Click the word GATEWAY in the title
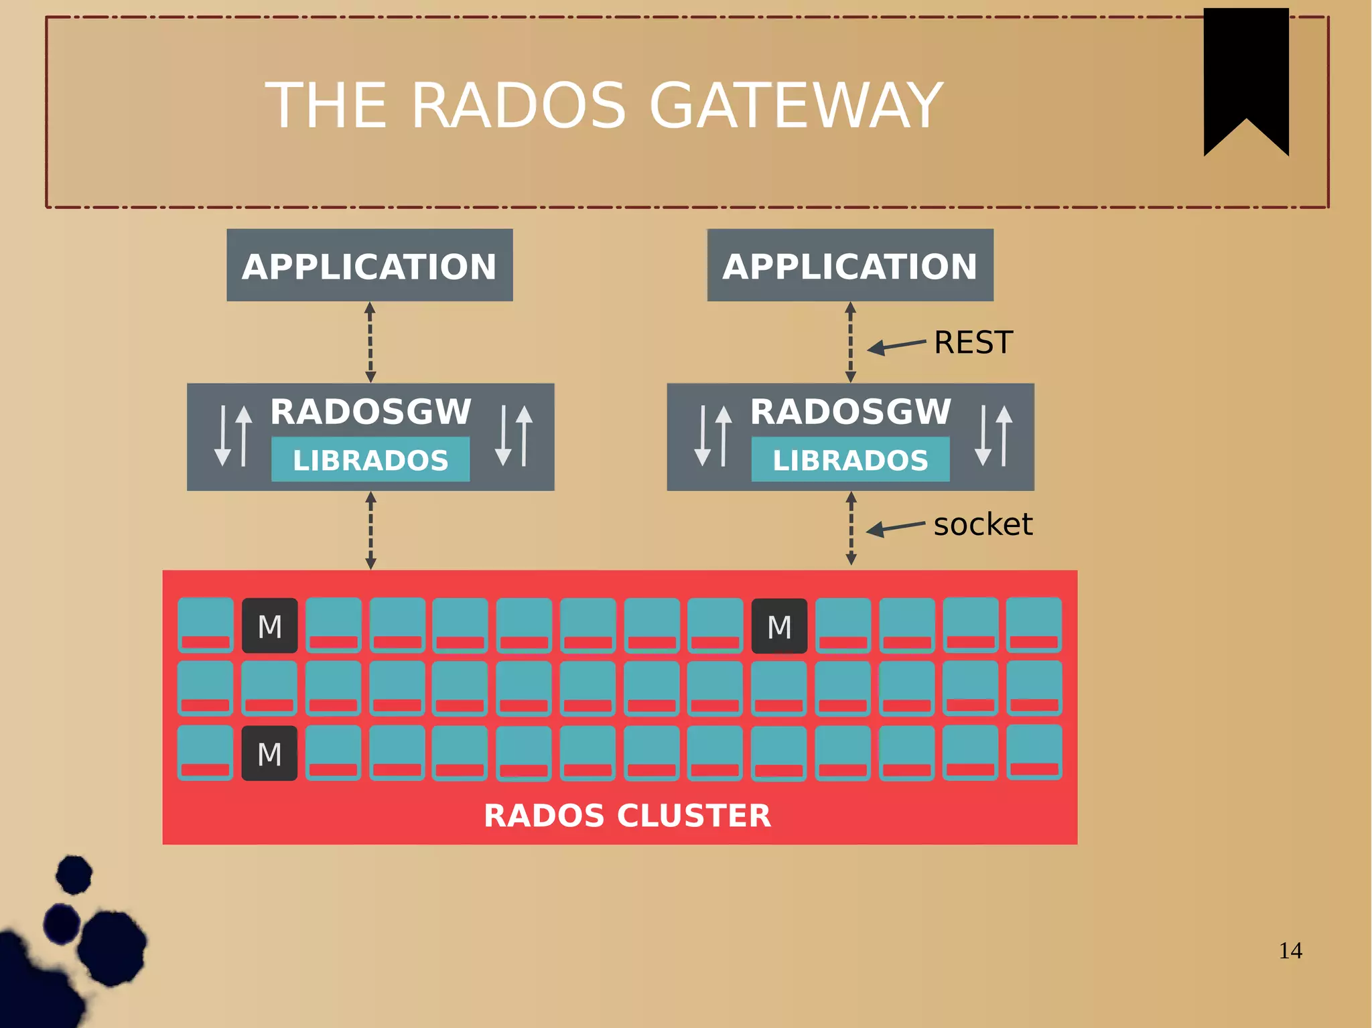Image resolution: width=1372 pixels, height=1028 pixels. (x=796, y=106)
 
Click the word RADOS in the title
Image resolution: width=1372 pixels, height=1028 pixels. (x=518, y=106)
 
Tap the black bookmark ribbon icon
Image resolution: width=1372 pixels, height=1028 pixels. (x=1245, y=74)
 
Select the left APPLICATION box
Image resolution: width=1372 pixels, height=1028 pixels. (x=369, y=265)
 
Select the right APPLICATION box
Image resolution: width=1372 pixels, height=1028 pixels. (x=850, y=265)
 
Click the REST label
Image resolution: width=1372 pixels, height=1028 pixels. (x=973, y=343)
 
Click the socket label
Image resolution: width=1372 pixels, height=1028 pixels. (x=982, y=524)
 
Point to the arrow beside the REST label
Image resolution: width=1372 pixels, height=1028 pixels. (x=895, y=346)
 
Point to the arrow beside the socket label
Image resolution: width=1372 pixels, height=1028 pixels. (x=894, y=528)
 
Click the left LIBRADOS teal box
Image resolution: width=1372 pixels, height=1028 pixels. (x=370, y=459)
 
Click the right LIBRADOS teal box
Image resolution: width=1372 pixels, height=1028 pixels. (x=850, y=459)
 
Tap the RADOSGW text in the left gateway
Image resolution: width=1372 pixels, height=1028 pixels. (x=370, y=411)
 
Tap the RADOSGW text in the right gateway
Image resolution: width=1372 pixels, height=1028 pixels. (x=850, y=411)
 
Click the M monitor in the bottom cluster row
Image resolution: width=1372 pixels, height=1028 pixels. (x=269, y=753)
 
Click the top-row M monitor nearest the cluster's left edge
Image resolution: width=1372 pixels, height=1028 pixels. (x=269, y=626)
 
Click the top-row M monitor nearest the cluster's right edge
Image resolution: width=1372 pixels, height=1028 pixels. (x=779, y=626)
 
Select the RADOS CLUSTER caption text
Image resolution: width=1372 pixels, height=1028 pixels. (x=627, y=815)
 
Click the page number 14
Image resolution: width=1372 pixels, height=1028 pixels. (x=1290, y=950)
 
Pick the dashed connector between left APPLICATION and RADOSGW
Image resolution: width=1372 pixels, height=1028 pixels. (x=370, y=342)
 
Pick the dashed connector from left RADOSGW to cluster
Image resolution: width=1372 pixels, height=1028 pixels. (x=370, y=530)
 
